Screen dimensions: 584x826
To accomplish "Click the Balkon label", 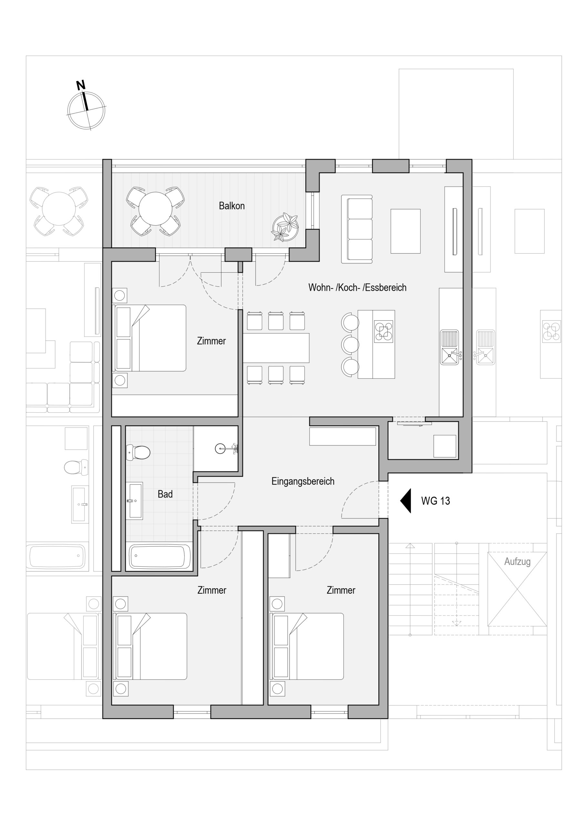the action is (x=231, y=206).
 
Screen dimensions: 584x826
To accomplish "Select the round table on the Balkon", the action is (x=156, y=209).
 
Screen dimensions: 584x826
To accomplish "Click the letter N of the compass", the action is (x=81, y=85).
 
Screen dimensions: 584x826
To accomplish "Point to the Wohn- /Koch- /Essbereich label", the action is (x=357, y=287).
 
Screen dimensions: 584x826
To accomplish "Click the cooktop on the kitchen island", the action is (x=384, y=331).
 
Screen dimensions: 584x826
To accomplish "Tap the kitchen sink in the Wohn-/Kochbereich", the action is (x=450, y=347).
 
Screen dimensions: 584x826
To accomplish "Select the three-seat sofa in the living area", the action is (x=357, y=229).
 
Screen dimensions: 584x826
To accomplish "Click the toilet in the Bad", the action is (x=138, y=453).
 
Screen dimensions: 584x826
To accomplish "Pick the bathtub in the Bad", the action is (x=160, y=556).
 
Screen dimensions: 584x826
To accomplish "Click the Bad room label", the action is (x=165, y=494).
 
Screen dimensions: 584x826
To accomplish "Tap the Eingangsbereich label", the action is (x=303, y=481).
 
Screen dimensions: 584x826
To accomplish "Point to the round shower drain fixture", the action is (x=220, y=448).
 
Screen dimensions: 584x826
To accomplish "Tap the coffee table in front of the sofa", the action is (x=405, y=231).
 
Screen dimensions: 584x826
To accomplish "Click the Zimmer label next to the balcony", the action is (x=211, y=341).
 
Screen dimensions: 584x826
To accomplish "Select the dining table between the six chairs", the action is (x=276, y=348).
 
